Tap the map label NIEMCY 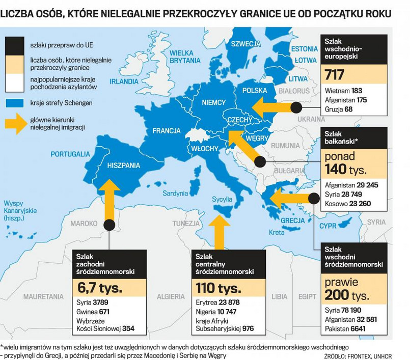pos(213,102)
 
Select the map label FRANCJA pos(166,131)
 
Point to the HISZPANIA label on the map pos(123,165)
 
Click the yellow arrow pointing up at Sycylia pos(219,232)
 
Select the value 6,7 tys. pos(100,288)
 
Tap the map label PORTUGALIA pos(70,154)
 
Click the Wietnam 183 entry pos(343,91)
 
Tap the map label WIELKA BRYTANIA pos(185,57)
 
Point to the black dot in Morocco pos(108,224)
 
